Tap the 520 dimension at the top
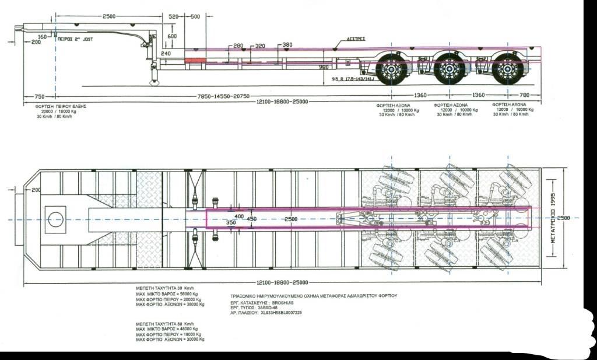pos(174,17)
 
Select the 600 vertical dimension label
pos(172,36)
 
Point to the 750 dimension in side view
pos(40,96)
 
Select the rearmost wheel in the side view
pos(508,69)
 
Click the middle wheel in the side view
pos(449,69)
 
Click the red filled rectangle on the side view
pos(195,60)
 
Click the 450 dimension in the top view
pos(251,219)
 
